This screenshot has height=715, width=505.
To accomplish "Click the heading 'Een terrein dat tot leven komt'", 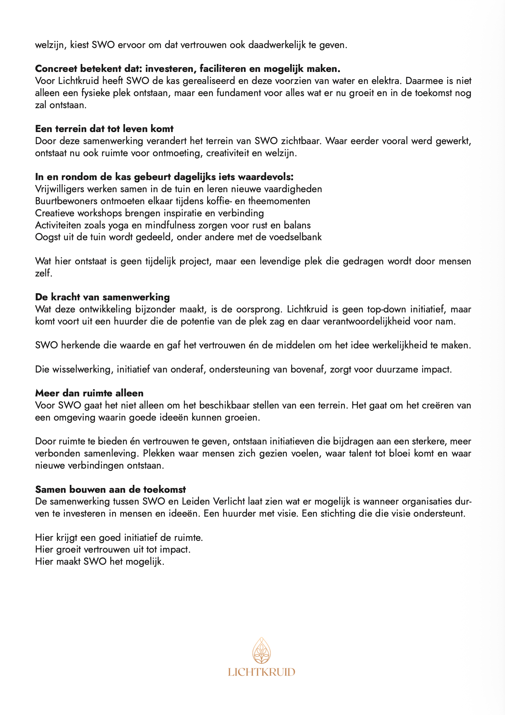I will pyautogui.click(x=104, y=128).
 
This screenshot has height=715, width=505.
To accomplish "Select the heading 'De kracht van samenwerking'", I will pyautogui.click(x=102, y=297).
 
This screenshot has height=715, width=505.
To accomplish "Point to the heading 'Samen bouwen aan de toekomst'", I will pyautogui.click(x=110, y=489).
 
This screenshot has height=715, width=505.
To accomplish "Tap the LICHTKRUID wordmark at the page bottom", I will pyautogui.click(x=261, y=672).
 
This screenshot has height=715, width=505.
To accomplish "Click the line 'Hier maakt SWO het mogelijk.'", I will pyautogui.click(x=99, y=561).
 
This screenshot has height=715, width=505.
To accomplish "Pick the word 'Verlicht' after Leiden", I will pyautogui.click(x=229, y=501).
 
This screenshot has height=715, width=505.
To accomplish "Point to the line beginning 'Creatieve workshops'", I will pyautogui.click(x=149, y=213).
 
